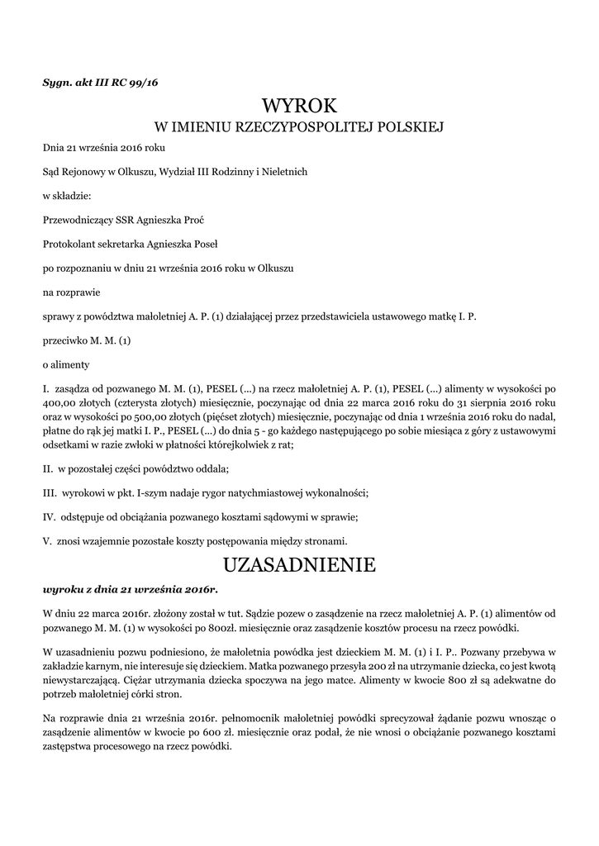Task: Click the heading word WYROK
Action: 299,107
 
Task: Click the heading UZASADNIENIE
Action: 299,565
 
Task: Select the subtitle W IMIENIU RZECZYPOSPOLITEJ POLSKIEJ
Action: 299,127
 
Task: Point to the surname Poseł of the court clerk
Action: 200,245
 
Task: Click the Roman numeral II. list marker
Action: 48,469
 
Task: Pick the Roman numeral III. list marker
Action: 50,494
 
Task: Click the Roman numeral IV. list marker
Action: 50,518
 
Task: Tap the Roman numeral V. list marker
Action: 48,542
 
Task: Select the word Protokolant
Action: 69,245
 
